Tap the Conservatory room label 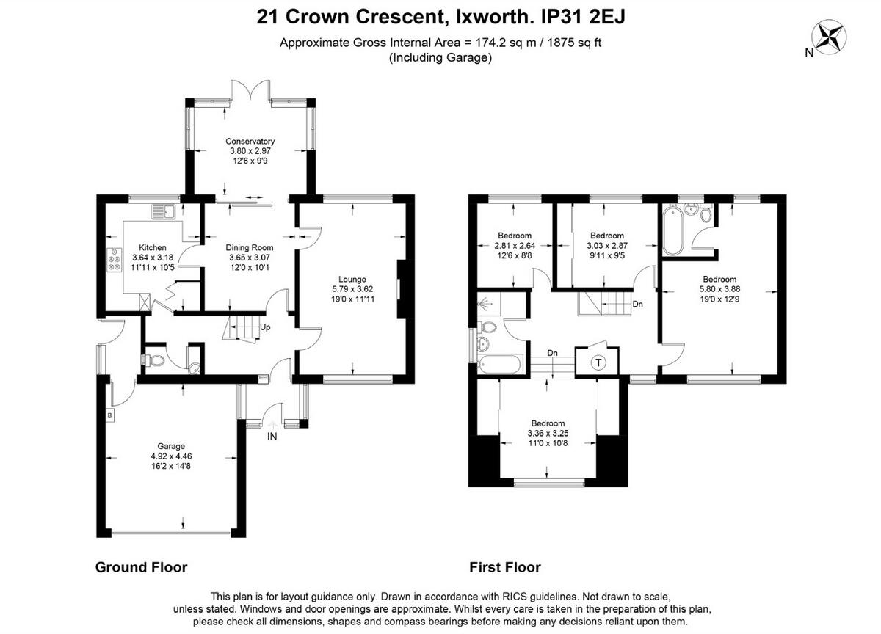click(250, 142)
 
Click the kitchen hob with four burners click(115, 260)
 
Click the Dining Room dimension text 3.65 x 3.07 click(250, 258)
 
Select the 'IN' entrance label click(272, 437)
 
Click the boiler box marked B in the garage click(110, 416)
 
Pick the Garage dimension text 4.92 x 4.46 click(171, 456)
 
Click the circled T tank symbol click(598, 362)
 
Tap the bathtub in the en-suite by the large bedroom click(673, 231)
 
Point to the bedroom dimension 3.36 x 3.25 click(548, 433)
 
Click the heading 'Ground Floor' click(141, 567)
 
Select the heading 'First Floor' click(504, 567)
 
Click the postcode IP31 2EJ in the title click(582, 16)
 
